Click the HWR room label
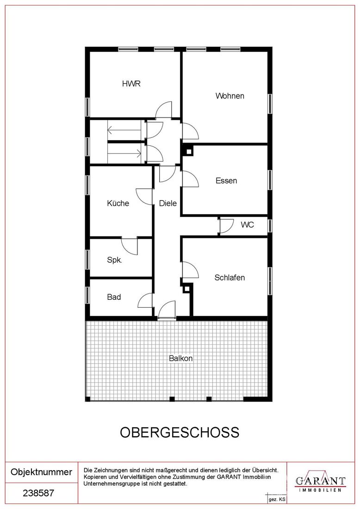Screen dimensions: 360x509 pos(131,84)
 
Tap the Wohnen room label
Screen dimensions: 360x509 pos(230,96)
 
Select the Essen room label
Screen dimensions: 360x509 pos(226,181)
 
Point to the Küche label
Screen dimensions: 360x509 pos(118,204)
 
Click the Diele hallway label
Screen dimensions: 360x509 pos(168,204)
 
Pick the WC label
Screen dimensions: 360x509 pos(248,224)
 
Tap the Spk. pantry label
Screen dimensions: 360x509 pos(114,260)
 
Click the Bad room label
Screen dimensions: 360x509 pos(114,297)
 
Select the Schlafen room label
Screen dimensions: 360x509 pos(230,278)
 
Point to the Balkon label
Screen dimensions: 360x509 pos(181,358)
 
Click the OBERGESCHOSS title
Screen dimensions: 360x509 pos(180,432)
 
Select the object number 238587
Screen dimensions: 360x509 pos(38,493)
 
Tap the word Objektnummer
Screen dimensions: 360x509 pos(42,472)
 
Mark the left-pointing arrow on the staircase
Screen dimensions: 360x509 pos(124,130)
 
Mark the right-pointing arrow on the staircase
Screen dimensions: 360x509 pos(124,153)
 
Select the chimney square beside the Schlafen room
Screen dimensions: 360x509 pos(186,289)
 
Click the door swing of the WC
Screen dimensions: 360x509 pos(227,226)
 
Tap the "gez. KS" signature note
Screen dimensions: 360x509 pos(277,500)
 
